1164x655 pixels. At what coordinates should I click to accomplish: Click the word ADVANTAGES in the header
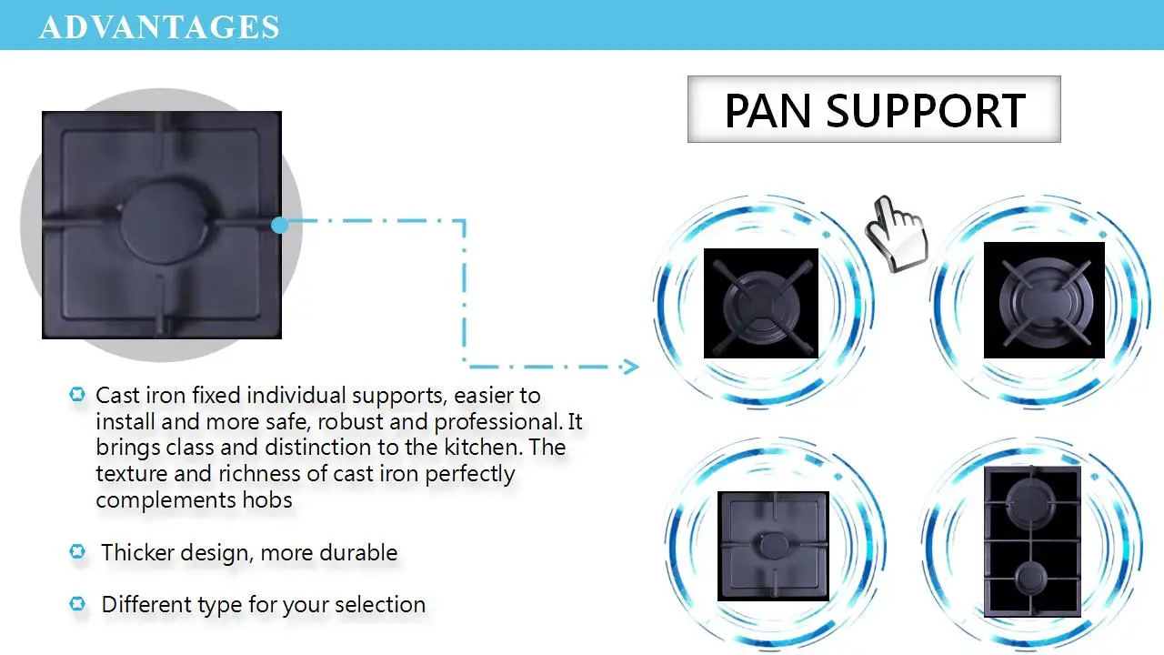tap(159, 26)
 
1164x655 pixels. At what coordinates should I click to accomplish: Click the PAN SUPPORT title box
tap(874, 109)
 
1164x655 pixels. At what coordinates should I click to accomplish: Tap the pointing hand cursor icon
tap(896, 232)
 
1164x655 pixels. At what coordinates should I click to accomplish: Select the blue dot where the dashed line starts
tap(280, 224)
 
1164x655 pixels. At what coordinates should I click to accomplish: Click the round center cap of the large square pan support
tap(162, 224)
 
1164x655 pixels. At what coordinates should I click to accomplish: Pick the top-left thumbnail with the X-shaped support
tap(761, 303)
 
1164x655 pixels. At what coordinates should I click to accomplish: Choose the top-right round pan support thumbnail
tap(1044, 300)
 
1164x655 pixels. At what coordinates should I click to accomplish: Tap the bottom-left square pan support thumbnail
tap(773, 546)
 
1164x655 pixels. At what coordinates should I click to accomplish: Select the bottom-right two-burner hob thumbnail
tap(1032, 542)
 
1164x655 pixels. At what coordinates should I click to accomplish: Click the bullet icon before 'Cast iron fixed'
tap(77, 395)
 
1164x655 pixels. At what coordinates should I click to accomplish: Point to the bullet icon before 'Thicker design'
tap(77, 551)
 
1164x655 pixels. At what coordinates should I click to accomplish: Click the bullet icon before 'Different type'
tap(77, 603)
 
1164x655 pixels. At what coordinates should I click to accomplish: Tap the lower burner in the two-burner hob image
tap(1032, 579)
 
